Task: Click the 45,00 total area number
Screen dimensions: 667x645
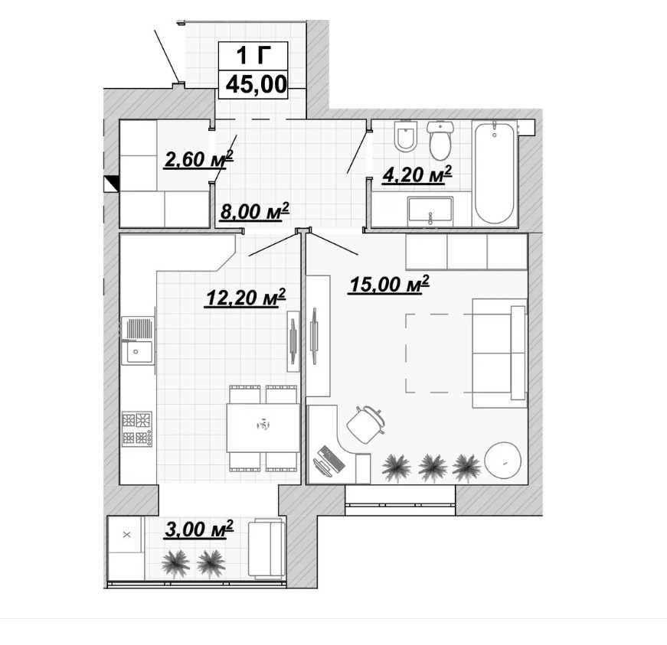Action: pos(256,85)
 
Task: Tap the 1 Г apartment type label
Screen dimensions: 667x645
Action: pos(253,55)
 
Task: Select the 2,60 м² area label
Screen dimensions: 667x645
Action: pos(198,159)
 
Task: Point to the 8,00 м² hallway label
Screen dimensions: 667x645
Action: pos(254,211)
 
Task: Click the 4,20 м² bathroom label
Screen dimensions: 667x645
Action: pos(417,174)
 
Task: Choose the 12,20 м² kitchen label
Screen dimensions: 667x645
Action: pos(246,298)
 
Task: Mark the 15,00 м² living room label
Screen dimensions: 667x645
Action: pos(389,285)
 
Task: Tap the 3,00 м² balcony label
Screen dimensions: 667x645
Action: pos(199,529)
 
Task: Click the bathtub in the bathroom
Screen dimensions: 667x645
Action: pos(494,173)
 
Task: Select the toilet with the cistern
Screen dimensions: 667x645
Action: pos(440,140)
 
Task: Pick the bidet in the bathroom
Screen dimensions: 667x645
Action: pos(404,136)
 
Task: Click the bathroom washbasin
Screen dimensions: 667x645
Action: pos(430,211)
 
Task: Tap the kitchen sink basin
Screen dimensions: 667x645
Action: pos(137,351)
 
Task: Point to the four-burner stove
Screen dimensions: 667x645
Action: pos(137,428)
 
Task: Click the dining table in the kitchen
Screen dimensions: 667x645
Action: pos(263,428)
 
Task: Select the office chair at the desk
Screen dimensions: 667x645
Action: pos(365,424)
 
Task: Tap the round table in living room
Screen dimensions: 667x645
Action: pos(503,461)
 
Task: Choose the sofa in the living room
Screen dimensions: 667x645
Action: pos(499,353)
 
